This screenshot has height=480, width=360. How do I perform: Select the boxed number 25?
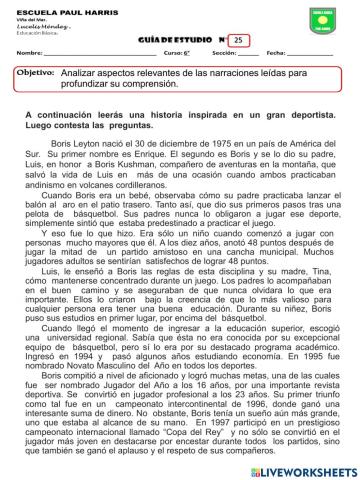coord(238,39)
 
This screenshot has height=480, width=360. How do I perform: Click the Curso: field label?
coord(176,53)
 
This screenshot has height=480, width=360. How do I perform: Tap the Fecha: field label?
coord(279,53)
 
